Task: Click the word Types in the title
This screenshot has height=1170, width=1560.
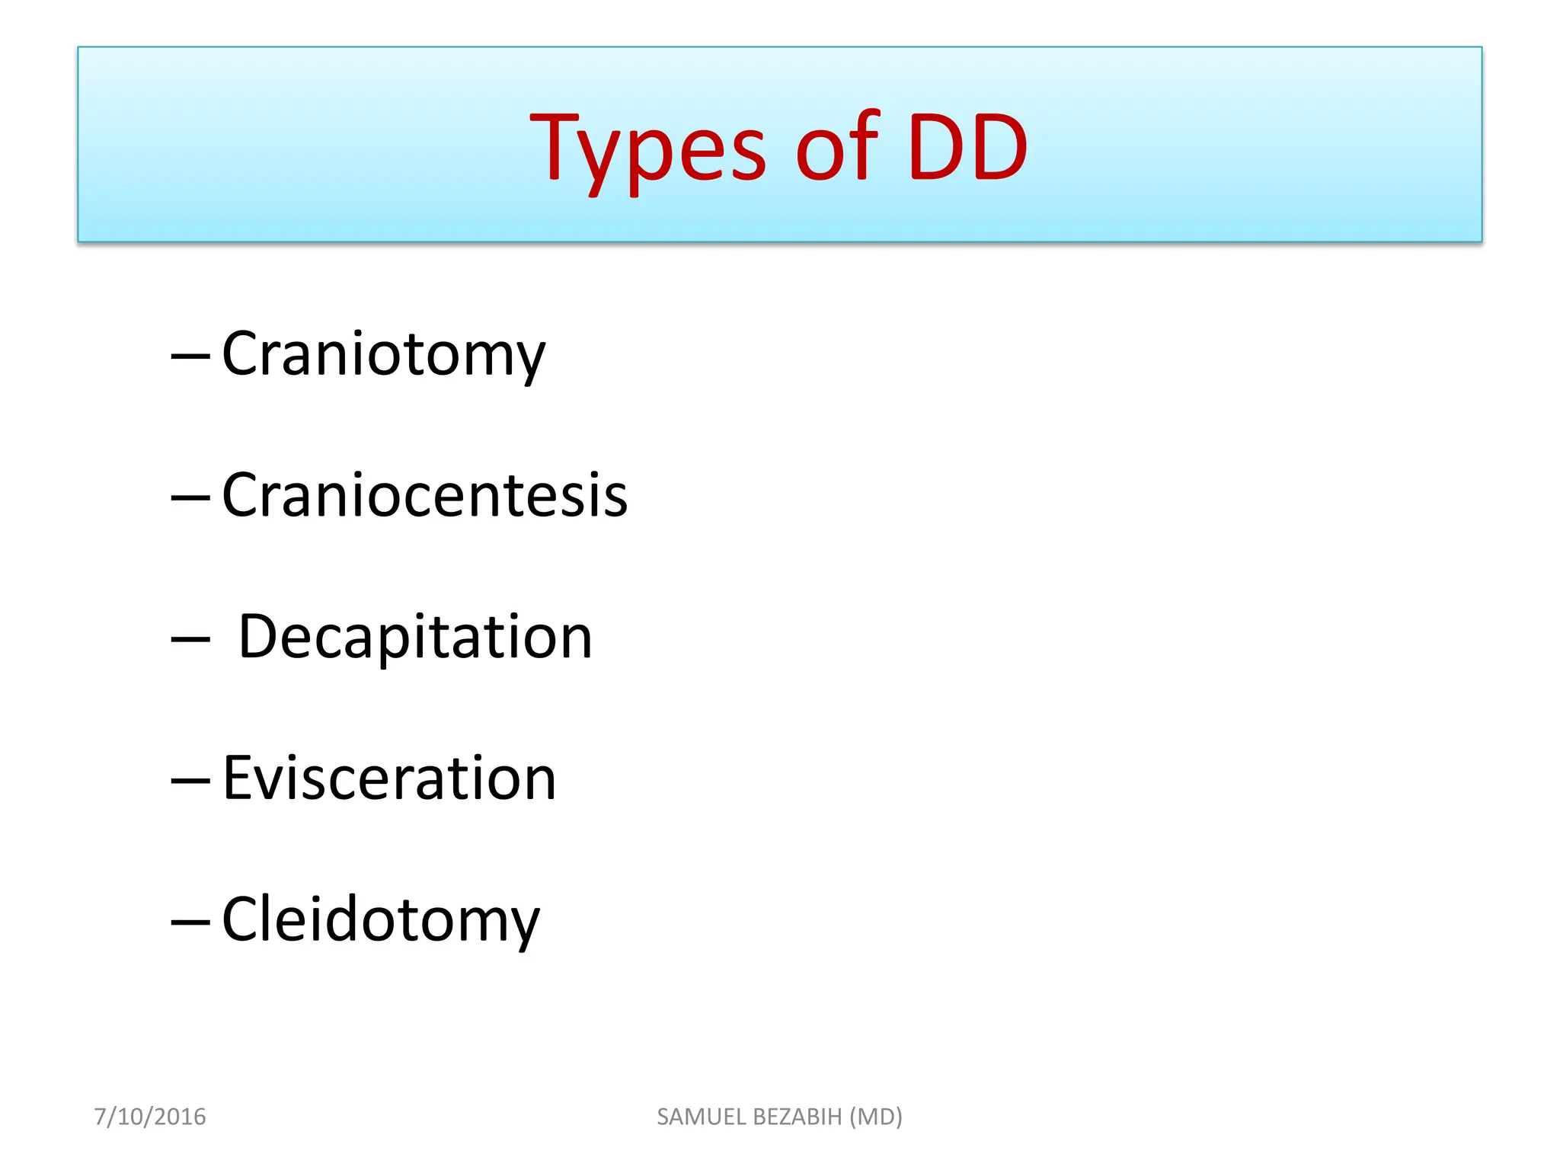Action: click(647, 149)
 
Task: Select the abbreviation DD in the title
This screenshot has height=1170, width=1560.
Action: click(967, 149)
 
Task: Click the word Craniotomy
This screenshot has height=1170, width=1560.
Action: click(383, 355)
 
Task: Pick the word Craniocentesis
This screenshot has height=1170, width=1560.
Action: click(424, 496)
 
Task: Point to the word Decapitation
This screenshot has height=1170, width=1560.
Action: click(415, 637)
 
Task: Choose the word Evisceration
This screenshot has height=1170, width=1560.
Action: click(389, 778)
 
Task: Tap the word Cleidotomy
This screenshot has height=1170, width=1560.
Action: click(381, 920)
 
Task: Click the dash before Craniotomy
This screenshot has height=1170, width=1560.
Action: click(190, 355)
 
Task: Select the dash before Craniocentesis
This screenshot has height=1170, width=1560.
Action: click(190, 497)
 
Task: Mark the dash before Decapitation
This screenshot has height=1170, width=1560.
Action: click(190, 638)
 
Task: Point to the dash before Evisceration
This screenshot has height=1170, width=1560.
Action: click(190, 780)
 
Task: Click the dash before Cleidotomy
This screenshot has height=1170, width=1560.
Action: click(190, 922)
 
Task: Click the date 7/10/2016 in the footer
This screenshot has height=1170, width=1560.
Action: click(150, 1117)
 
